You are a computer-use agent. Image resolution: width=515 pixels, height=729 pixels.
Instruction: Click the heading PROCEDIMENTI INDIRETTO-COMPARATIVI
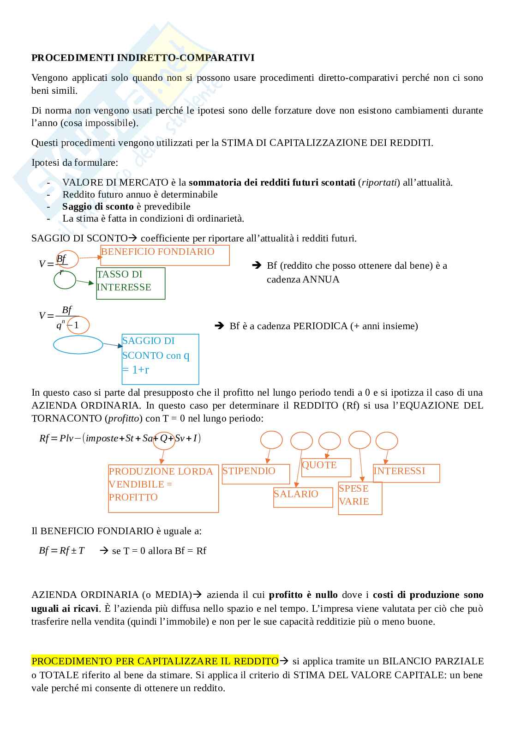tap(143, 58)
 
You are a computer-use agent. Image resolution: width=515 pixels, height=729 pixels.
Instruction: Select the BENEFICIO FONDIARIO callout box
tap(165, 255)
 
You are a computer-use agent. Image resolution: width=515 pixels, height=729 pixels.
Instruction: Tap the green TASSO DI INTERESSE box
tap(131, 283)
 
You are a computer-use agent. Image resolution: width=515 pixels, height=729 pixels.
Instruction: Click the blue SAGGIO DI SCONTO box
tap(160, 359)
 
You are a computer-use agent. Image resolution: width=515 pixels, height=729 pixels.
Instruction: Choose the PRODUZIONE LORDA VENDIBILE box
tap(163, 488)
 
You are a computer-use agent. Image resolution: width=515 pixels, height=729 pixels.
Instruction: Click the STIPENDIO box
tap(256, 474)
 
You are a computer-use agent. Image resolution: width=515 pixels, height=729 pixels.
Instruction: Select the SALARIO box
tap(303, 497)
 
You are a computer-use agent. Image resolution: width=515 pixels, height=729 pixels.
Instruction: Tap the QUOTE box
tap(326, 467)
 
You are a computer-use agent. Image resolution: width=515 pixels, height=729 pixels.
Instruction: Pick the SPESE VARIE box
tap(360, 498)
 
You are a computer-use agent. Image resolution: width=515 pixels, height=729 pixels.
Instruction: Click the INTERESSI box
tap(406, 473)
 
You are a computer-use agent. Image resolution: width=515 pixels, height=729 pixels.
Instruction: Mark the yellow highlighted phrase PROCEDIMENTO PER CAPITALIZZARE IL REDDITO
tap(155, 661)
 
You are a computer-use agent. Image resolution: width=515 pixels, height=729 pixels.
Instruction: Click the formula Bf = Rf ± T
tap(62, 550)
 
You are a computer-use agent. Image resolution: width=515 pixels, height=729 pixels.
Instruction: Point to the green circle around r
tap(65, 279)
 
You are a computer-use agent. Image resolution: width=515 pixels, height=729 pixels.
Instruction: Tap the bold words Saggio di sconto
tap(98, 206)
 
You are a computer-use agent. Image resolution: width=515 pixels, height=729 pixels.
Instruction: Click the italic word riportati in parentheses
tap(379, 182)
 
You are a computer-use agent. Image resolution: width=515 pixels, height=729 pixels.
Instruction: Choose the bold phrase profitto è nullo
tap(303, 595)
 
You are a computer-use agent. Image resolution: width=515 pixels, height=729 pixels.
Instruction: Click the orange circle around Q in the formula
tap(165, 438)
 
